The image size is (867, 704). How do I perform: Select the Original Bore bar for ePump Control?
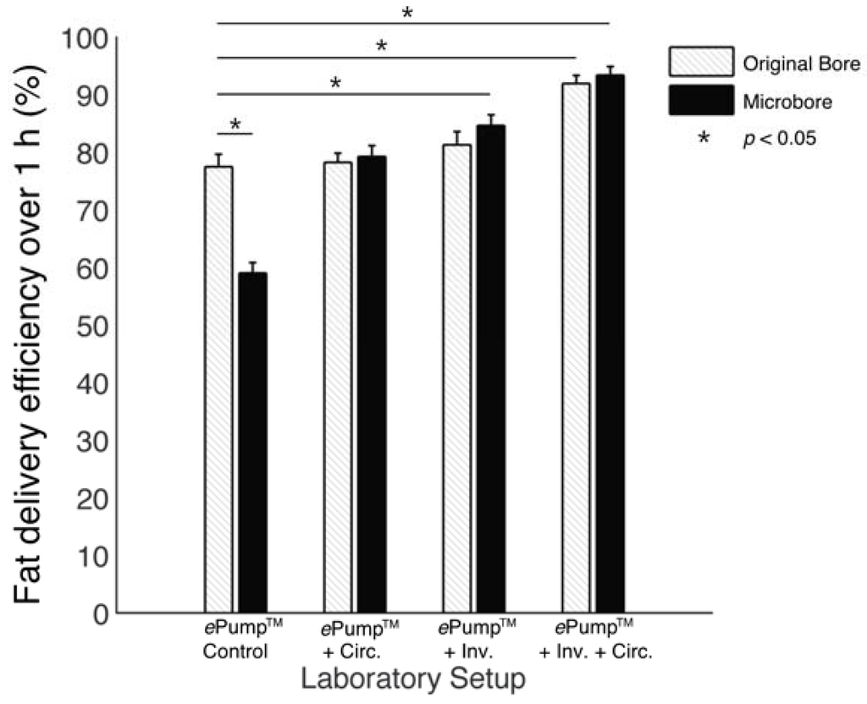pos(218,389)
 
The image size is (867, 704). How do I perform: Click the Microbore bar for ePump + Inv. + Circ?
pos(610,344)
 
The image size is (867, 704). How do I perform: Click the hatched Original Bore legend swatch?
pos(699,62)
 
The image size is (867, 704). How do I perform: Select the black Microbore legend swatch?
pos(699,100)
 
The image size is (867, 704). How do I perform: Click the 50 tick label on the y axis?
pos(93,326)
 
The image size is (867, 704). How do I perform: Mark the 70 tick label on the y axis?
pos(93,211)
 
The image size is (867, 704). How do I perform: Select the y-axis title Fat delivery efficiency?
pos(30,322)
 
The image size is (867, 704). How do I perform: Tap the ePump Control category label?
pos(237,641)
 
